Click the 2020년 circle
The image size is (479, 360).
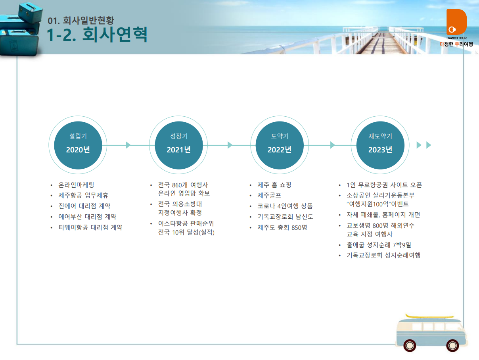click(x=78, y=145)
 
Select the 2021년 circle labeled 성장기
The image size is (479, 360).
click(x=179, y=145)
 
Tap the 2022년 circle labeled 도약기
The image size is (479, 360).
click(x=280, y=145)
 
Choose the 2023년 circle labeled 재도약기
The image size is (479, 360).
click(x=380, y=145)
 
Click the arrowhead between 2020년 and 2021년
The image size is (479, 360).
click(x=128, y=145)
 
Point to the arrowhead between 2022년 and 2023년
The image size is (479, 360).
click(x=333, y=145)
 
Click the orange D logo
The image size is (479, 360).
click(x=456, y=22)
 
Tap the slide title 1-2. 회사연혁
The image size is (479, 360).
click(x=97, y=35)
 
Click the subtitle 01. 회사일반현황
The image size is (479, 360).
click(x=81, y=21)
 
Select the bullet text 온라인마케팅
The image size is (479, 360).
click(x=76, y=185)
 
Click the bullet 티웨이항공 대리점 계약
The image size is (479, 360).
click(x=90, y=227)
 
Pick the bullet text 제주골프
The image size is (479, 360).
click(x=269, y=195)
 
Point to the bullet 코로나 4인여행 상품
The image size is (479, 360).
click(x=285, y=206)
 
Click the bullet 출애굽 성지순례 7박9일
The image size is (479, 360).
click(x=379, y=245)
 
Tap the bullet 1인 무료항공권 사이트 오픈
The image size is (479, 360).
click(x=384, y=185)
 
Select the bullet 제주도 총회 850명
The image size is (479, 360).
click(x=282, y=227)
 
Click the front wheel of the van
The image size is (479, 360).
click(x=452, y=345)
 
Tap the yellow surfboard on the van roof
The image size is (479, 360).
click(x=429, y=316)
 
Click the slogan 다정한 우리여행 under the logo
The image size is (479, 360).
click(x=456, y=44)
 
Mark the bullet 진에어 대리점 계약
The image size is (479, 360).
click(x=84, y=206)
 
